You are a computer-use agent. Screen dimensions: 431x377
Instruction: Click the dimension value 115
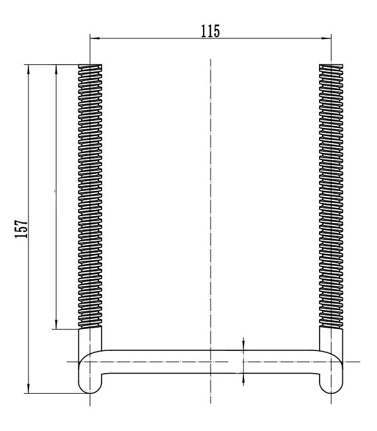click(x=211, y=31)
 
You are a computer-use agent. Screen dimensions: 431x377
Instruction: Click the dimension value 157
click(x=21, y=229)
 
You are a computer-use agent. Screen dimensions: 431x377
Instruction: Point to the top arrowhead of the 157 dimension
click(x=28, y=68)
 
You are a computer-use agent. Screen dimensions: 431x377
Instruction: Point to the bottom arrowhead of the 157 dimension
click(x=28, y=389)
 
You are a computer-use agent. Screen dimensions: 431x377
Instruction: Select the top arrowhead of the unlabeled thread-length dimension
click(x=56, y=68)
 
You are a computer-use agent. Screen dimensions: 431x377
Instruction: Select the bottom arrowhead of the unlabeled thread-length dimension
click(x=56, y=325)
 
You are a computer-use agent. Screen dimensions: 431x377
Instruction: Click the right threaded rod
click(x=331, y=195)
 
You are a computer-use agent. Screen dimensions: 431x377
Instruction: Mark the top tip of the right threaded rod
click(x=331, y=65)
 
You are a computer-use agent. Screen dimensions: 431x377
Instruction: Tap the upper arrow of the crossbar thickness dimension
click(x=244, y=345)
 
